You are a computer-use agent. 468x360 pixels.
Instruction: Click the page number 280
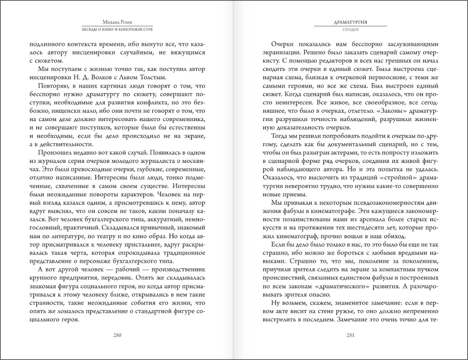pos(117,335)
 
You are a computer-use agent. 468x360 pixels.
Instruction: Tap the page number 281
pos(350,335)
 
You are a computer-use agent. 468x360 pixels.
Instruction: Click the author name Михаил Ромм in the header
pos(117,23)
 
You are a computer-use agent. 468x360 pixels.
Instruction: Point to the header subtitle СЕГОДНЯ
pos(350,30)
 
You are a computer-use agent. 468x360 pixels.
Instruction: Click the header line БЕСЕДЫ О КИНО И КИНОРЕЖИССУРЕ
pos(117,30)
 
